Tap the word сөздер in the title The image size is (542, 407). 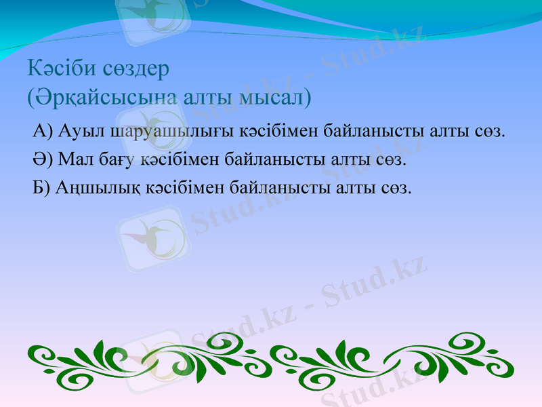(136, 69)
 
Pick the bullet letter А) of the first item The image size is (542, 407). (42, 130)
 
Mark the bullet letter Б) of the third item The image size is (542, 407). (41, 187)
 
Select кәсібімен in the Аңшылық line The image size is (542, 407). (184, 187)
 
